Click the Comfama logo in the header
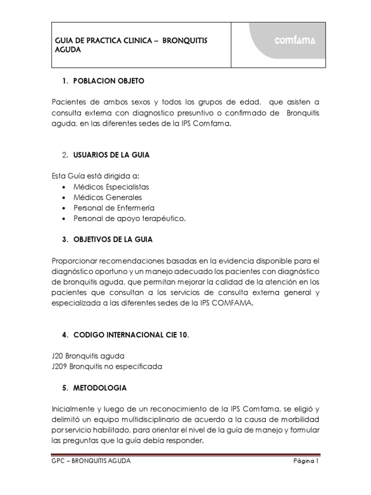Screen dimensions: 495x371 (295, 41)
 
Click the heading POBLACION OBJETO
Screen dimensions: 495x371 (109, 81)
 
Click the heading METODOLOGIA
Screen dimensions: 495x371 (100, 388)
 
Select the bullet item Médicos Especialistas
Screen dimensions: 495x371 (112, 187)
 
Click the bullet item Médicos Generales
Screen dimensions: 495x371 (108, 197)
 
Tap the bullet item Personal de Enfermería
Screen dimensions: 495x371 (114, 208)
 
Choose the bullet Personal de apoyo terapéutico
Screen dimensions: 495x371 (129, 218)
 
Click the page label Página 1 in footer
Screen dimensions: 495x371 (307, 461)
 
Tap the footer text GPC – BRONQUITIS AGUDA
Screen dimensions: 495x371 (91, 461)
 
